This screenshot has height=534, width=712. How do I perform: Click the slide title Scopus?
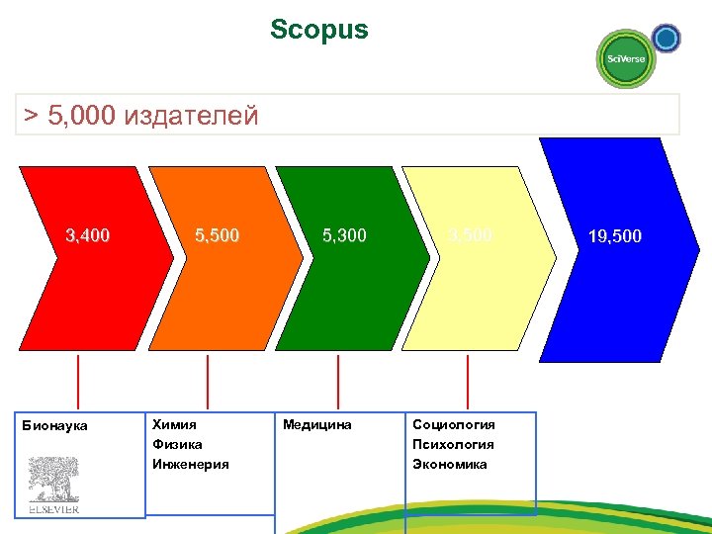pyautogui.click(x=318, y=30)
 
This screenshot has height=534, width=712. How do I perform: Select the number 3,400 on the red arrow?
pyautogui.click(x=87, y=235)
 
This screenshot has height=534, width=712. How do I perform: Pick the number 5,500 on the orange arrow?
pyautogui.click(x=217, y=235)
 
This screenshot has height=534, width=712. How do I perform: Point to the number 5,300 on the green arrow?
pyautogui.click(x=344, y=235)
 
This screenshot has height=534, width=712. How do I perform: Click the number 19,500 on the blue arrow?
pyautogui.click(x=614, y=236)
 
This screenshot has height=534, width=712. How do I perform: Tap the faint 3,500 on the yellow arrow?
pyautogui.click(x=470, y=235)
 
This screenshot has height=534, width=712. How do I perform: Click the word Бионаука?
pyautogui.click(x=54, y=425)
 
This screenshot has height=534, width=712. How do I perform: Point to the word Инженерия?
pyautogui.click(x=191, y=464)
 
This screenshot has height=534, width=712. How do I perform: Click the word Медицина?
pyautogui.click(x=317, y=424)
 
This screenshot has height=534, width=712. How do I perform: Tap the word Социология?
pyautogui.click(x=454, y=424)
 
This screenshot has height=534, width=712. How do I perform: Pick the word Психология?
pyautogui.click(x=453, y=444)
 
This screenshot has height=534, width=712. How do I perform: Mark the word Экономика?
pyautogui.click(x=450, y=464)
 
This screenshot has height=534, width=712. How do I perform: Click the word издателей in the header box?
pyautogui.click(x=192, y=116)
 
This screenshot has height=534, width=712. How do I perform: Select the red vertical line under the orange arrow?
pyautogui.click(x=208, y=381)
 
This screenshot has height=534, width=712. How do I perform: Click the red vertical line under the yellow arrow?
pyautogui.click(x=468, y=381)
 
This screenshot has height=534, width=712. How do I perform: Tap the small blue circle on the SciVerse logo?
pyautogui.click(x=667, y=39)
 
